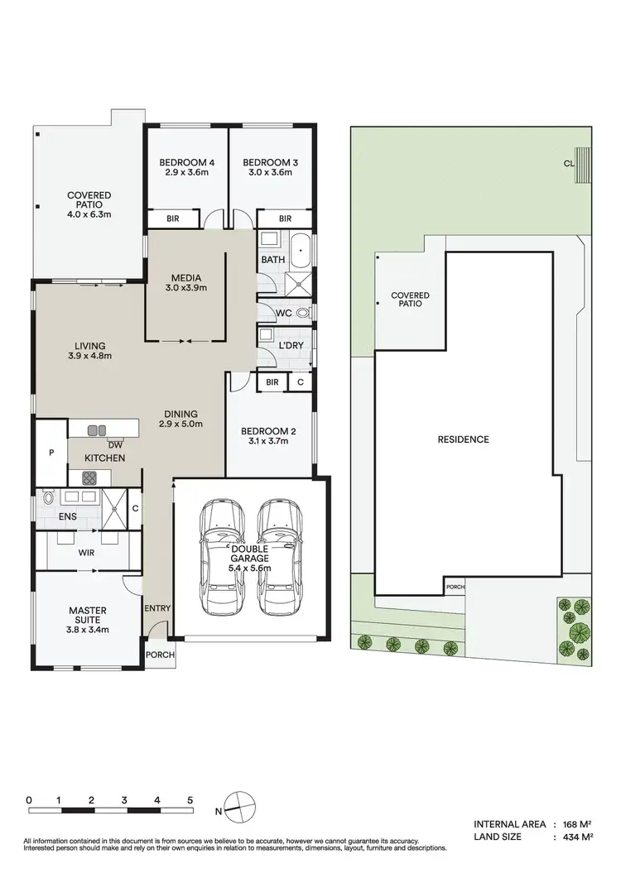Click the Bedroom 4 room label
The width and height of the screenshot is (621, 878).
pyautogui.click(x=185, y=162)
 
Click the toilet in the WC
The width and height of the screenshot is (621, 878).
pyautogui.click(x=302, y=313)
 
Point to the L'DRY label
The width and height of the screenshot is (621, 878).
pyautogui.click(x=290, y=343)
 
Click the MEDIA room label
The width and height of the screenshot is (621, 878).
pyautogui.click(x=186, y=277)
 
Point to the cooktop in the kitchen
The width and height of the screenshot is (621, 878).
pyautogui.click(x=89, y=477)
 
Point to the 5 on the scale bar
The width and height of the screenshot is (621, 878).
pyautogui.click(x=190, y=800)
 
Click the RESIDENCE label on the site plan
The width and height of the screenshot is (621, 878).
pyautogui.click(x=463, y=439)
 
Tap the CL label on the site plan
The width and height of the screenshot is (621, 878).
pyautogui.click(x=569, y=164)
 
